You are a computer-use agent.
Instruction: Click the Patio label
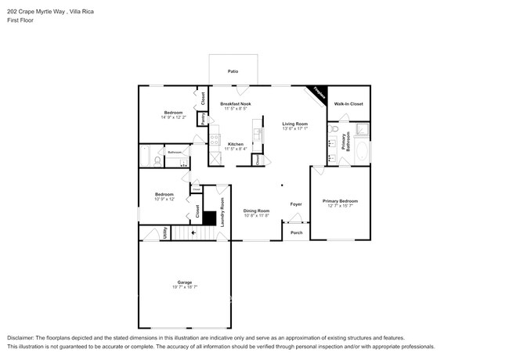coord(233,71)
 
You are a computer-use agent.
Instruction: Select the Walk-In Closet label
coord(348,103)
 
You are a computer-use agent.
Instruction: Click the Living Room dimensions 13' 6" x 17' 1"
coord(295,128)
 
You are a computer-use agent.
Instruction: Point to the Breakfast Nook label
coord(235,103)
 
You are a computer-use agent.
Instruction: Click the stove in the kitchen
coord(215,141)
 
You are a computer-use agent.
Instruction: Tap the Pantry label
coord(203,119)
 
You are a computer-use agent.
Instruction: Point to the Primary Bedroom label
coord(341,201)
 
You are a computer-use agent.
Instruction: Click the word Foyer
coord(296,204)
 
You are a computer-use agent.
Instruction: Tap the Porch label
coord(296,232)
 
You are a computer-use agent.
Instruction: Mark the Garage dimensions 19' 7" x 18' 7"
coord(185,287)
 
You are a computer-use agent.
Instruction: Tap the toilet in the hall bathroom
coord(158,160)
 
